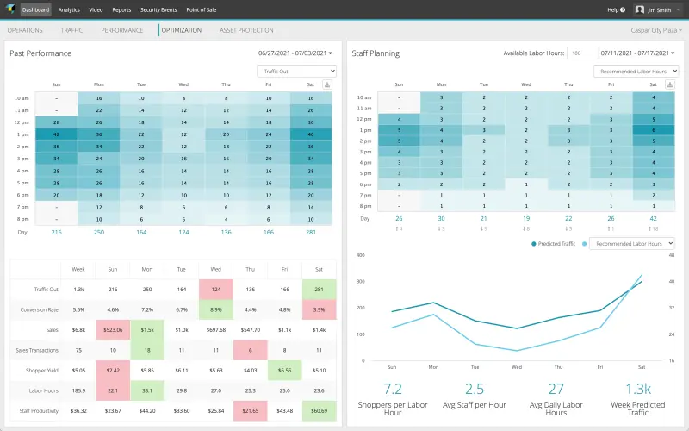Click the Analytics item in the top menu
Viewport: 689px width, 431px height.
[x=69, y=9]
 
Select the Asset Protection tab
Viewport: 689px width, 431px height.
[x=246, y=30]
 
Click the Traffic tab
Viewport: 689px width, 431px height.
[x=72, y=30]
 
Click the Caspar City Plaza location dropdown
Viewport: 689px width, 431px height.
[x=656, y=30]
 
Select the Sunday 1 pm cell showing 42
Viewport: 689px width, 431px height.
[x=56, y=134]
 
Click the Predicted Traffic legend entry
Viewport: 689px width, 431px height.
[x=556, y=244]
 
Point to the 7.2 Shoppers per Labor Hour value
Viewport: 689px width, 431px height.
[x=392, y=389]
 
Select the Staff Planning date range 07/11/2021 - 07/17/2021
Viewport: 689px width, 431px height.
[x=641, y=53]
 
